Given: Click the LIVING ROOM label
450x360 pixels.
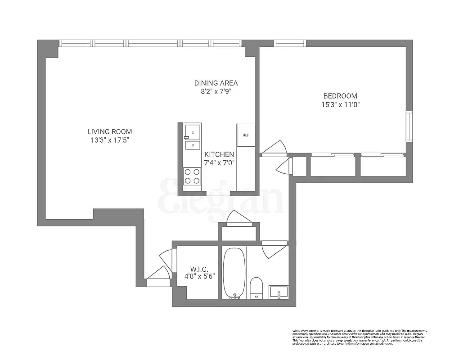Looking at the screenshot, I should [x=109, y=131].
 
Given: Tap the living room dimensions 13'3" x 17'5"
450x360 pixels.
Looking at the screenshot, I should [x=109, y=140].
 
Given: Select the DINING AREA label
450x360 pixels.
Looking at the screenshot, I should [x=216, y=83].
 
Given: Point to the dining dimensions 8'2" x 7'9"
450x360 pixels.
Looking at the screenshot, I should [x=216, y=91].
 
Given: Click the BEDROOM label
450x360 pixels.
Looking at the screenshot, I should [x=340, y=96].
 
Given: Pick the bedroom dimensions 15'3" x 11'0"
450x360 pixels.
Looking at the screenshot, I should [x=340, y=104].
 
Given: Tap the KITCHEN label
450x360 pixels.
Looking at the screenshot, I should [x=219, y=154].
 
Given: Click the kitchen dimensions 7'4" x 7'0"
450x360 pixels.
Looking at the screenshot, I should [x=219, y=163].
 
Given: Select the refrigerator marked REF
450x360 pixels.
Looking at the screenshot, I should [x=246, y=135].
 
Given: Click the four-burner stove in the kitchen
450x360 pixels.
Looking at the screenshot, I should [x=192, y=176].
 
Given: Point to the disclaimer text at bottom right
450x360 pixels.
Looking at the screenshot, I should [x=360, y=337].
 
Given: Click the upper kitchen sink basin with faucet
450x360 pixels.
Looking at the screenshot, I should [x=192, y=131].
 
